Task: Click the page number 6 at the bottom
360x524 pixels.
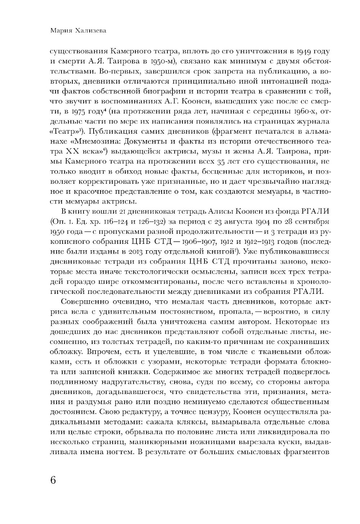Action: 53,480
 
